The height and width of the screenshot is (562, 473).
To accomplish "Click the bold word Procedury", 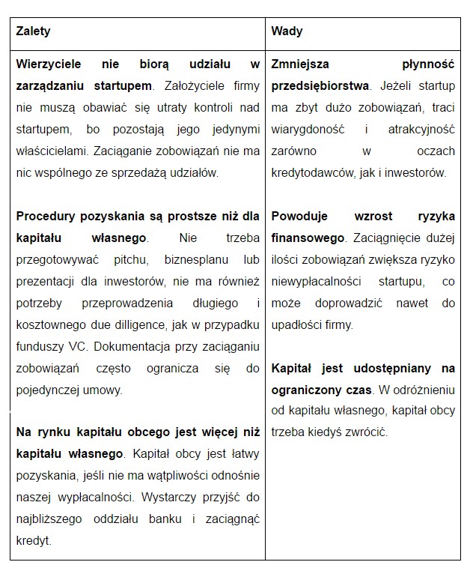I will click(45, 216).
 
